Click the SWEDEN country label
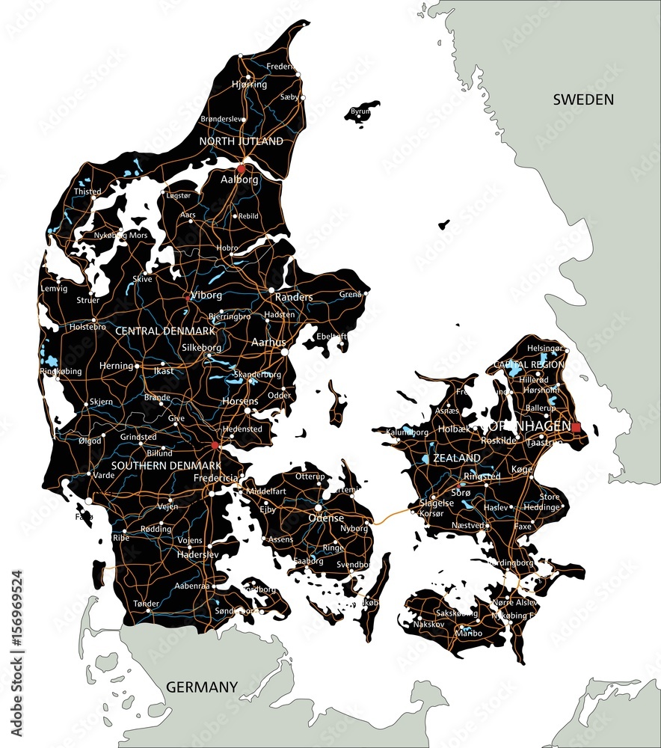coord(583,99)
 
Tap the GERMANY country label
coord(202,687)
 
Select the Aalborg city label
coord(239,180)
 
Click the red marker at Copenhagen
coord(576,427)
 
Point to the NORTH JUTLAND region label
coord(241,141)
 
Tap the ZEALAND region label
coord(457,458)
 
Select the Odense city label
coord(327,518)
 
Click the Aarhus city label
coord(269,342)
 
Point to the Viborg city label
coord(206,295)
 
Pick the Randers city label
coord(294,297)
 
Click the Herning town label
coord(116,366)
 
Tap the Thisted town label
coord(87,191)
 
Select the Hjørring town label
coord(249,85)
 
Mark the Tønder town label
coord(146,604)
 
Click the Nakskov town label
coord(428,623)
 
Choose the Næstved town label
coord(469,526)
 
